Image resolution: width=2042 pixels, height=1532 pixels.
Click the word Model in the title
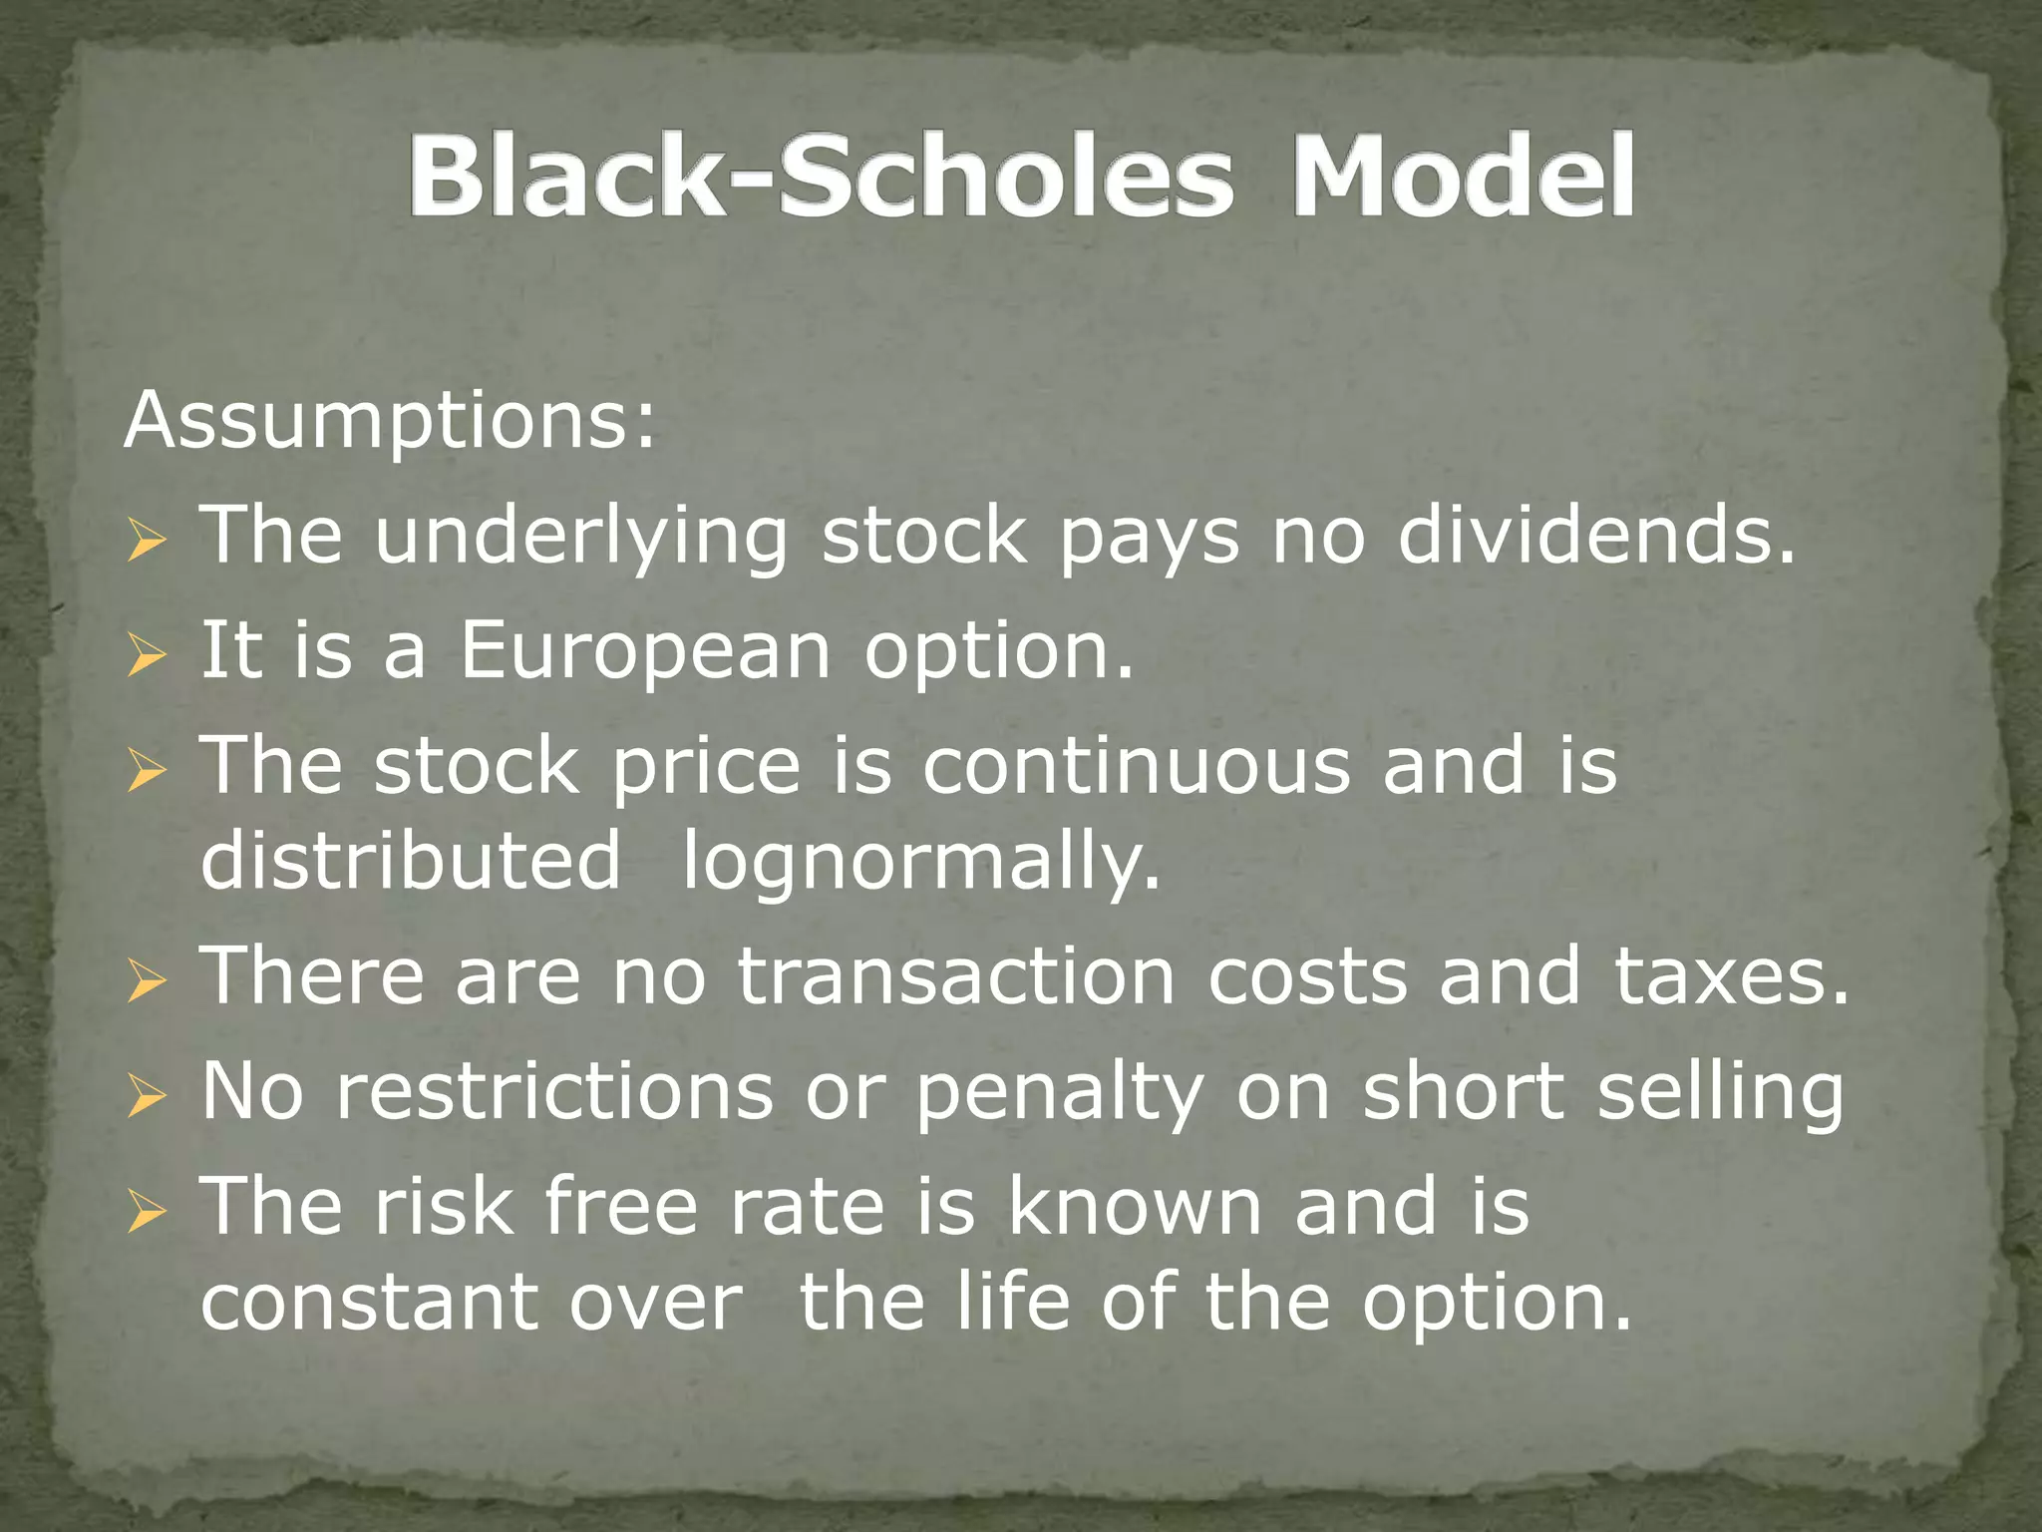click(1462, 177)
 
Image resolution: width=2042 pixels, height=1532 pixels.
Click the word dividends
click(1596, 536)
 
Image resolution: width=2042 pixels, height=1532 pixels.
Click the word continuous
click(1136, 765)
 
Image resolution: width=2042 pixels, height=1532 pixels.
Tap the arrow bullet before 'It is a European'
click(146, 658)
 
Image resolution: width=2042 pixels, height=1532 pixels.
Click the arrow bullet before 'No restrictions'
click(146, 1098)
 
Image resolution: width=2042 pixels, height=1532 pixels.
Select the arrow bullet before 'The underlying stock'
click(146, 544)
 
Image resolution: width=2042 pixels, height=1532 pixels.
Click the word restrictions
click(554, 1091)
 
